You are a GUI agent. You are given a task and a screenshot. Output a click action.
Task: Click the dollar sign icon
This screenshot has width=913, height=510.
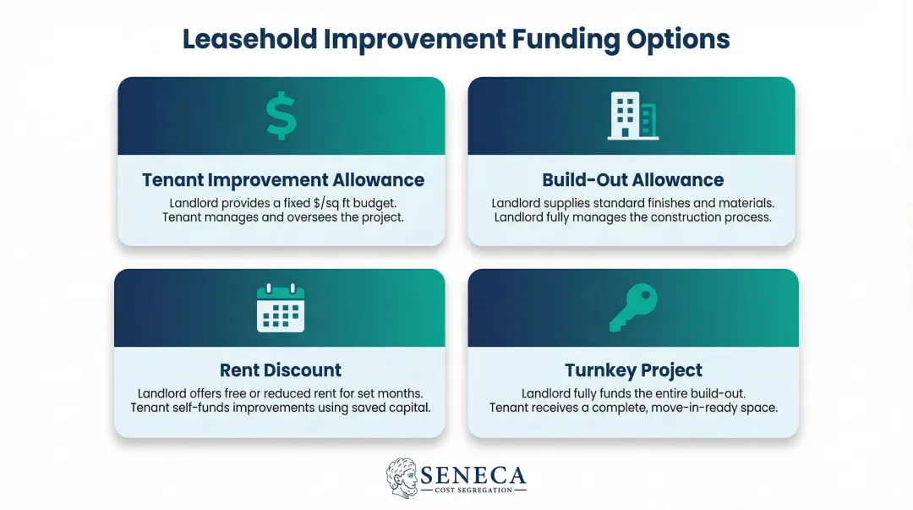pyautogui.click(x=281, y=117)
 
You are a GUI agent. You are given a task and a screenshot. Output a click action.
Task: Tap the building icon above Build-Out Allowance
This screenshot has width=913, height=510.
pyautogui.click(x=632, y=117)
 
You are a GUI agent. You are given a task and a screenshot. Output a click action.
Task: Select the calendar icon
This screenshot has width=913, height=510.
pyautogui.click(x=281, y=307)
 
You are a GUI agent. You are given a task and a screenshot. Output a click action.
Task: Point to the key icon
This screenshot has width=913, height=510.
pyautogui.click(x=632, y=307)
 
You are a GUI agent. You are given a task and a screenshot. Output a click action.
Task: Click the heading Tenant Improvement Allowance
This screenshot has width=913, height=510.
pyautogui.click(x=283, y=180)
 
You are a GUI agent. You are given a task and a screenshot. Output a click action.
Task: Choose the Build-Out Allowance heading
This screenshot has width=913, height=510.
pyautogui.click(x=632, y=180)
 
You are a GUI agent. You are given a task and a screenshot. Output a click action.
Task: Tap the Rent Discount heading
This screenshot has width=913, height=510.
pyautogui.click(x=281, y=370)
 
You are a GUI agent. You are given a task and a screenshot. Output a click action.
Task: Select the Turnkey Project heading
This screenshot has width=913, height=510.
pyautogui.click(x=633, y=370)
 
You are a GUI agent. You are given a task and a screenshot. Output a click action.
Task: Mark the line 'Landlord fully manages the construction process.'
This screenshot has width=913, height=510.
pyautogui.click(x=632, y=218)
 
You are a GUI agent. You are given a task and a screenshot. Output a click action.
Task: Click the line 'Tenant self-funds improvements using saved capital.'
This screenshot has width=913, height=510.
pyautogui.click(x=281, y=409)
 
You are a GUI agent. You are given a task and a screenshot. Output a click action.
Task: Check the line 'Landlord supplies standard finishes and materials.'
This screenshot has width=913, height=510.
pyautogui.click(x=632, y=204)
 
